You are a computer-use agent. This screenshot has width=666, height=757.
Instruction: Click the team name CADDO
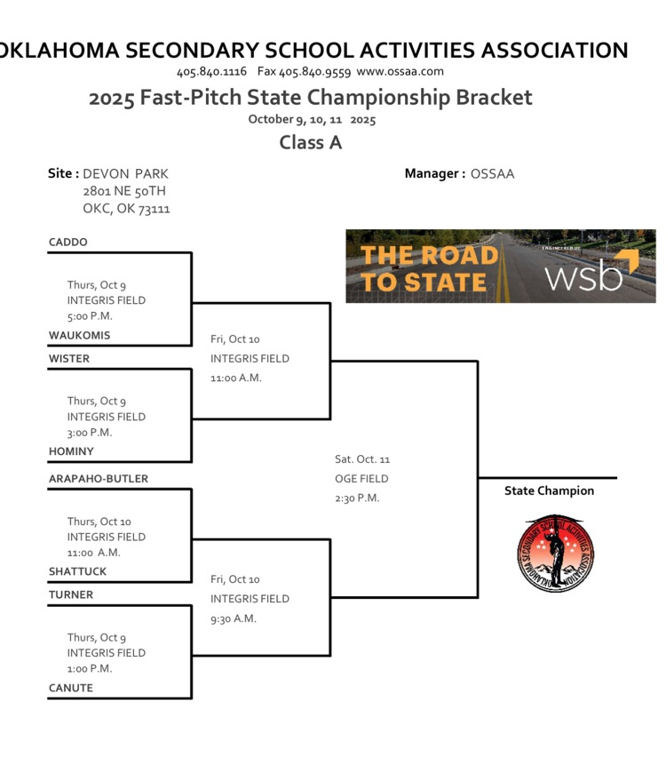tap(68, 243)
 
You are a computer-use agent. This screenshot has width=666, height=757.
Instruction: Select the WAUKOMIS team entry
tap(80, 336)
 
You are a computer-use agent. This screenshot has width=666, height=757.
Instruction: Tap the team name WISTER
tap(69, 359)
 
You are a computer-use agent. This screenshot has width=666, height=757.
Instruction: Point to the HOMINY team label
tap(71, 451)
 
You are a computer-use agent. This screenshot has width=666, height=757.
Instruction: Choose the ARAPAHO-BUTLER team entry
tap(99, 479)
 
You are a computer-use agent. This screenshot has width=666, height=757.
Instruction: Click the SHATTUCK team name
tap(77, 572)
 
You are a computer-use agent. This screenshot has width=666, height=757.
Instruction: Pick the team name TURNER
tap(71, 595)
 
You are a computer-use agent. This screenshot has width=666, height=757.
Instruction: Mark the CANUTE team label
tap(71, 688)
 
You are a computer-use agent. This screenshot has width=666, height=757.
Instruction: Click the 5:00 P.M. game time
tap(90, 315)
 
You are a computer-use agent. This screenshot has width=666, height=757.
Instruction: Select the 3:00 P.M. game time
tap(90, 432)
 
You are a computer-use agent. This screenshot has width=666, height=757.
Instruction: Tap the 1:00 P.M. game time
tap(90, 668)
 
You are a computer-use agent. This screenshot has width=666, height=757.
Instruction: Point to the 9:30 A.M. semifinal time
tap(234, 618)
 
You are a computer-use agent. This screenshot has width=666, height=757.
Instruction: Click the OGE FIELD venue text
tap(361, 479)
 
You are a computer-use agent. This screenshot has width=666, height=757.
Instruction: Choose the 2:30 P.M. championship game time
tap(357, 498)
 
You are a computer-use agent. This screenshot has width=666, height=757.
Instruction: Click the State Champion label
tap(549, 490)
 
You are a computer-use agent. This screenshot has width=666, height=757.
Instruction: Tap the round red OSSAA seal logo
tap(554, 554)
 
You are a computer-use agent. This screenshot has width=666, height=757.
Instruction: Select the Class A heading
tap(310, 142)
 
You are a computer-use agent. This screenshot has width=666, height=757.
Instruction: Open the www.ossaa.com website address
tap(400, 71)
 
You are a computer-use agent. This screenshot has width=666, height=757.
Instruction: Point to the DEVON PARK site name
tap(125, 174)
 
